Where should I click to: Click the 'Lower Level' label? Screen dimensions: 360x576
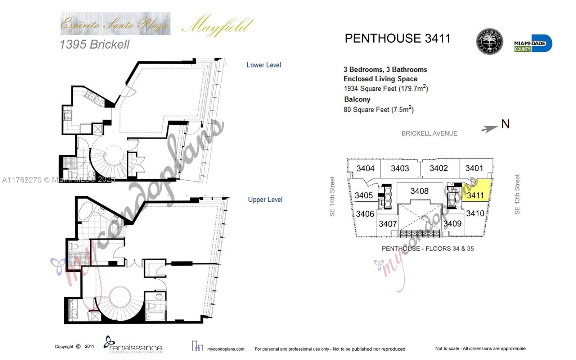pyautogui.click(x=264, y=65)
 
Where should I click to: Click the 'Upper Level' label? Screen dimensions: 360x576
pyautogui.click(x=265, y=199)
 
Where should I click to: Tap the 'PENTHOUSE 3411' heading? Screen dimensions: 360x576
pyautogui.click(x=397, y=39)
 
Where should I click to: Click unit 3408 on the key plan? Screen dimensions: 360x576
pyautogui.click(x=419, y=191)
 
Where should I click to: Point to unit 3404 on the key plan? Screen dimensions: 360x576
pyautogui.click(x=365, y=168)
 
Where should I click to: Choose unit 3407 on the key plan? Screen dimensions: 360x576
pyautogui.click(x=387, y=224)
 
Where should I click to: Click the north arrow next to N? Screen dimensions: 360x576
pyautogui.click(x=489, y=129)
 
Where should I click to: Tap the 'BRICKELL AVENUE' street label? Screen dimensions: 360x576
pyautogui.click(x=429, y=134)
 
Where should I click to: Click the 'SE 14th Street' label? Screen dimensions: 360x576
pyautogui.click(x=332, y=197)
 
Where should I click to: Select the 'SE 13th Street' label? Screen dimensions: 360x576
pyautogui.click(x=517, y=194)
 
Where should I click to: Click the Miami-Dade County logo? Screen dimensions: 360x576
pyautogui.click(x=533, y=44)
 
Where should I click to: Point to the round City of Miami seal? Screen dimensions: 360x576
pyautogui.click(x=489, y=41)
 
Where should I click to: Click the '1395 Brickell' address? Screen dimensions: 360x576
pyautogui.click(x=94, y=44)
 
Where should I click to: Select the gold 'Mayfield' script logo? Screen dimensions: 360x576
pyautogui.click(x=217, y=25)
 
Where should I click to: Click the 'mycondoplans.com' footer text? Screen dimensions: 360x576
pyautogui.click(x=226, y=349)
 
